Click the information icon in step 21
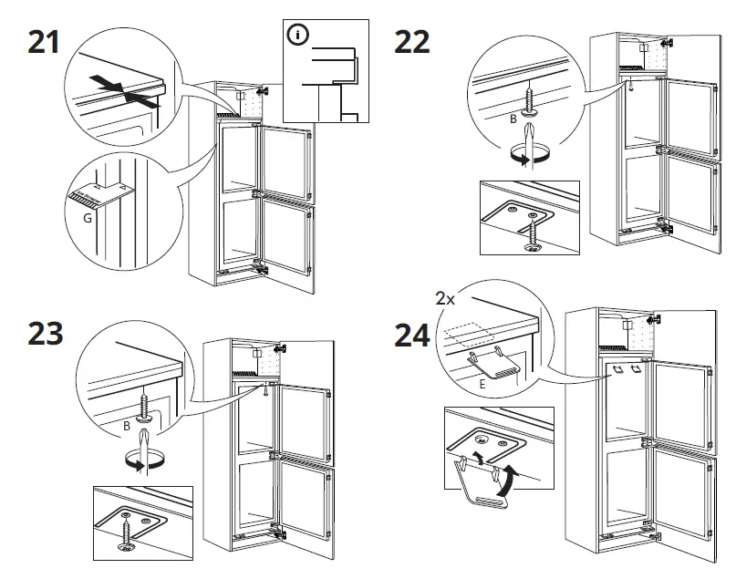pyautogui.click(x=297, y=36)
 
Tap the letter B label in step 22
pyautogui.click(x=513, y=119)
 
